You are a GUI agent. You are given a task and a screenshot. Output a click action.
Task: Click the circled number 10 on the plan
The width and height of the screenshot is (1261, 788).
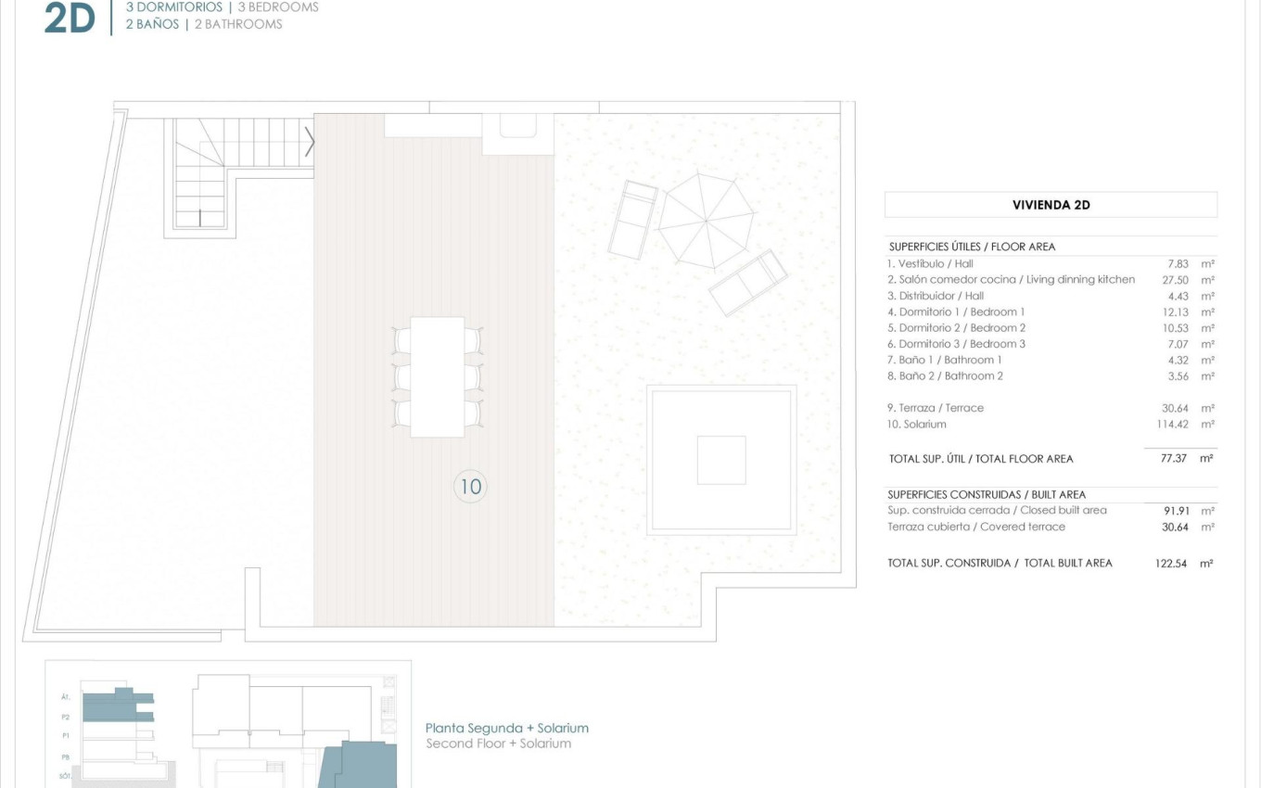(471, 486)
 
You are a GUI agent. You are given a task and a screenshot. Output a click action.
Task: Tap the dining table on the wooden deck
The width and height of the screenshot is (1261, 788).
(437, 376)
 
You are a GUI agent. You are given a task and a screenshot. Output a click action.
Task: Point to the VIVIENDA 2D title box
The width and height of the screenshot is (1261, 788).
(1051, 205)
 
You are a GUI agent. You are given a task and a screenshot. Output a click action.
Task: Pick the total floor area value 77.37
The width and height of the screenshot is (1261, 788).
(1174, 459)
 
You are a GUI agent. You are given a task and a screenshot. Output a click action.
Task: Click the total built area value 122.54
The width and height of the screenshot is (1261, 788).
(1171, 564)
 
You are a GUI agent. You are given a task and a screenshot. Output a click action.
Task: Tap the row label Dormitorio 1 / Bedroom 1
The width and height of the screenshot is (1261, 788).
(956, 312)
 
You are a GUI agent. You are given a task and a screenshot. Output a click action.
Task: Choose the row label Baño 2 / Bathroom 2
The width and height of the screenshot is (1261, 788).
(945, 376)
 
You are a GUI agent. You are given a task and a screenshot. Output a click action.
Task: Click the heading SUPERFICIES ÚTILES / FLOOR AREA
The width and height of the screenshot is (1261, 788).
(972, 247)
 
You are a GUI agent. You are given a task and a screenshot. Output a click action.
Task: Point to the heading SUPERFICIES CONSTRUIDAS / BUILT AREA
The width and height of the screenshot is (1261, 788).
(986, 495)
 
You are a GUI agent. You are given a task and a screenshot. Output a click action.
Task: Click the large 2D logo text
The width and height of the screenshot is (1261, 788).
(70, 19)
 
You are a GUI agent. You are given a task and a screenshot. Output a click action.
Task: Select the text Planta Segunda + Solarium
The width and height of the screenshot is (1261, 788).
(506, 729)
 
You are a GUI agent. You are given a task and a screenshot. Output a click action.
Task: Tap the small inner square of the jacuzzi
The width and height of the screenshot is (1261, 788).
(721, 460)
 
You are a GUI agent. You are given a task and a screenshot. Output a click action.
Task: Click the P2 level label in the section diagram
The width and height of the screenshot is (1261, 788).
(66, 717)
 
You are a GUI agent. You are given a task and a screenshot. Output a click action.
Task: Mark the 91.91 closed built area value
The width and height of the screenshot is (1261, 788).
(1177, 511)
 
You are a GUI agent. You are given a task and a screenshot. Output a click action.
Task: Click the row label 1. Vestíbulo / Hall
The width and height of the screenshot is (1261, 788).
(930, 264)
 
